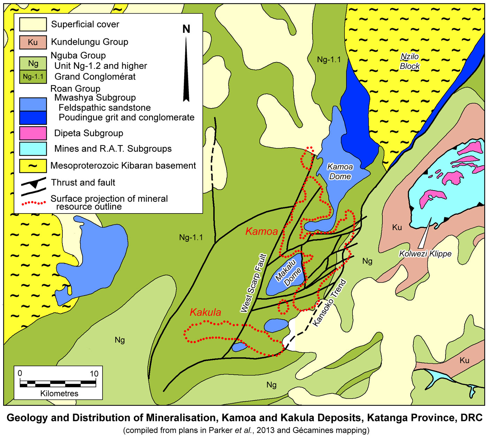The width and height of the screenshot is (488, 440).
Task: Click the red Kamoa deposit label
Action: point(261,231)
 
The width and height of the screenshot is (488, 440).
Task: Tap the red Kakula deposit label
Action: point(205,312)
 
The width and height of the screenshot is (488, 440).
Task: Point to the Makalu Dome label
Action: point(288,273)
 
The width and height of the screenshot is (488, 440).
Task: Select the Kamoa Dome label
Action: point(340,172)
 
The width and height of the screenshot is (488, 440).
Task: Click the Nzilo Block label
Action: point(410,61)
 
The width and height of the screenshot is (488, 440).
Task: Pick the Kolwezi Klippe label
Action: point(425,254)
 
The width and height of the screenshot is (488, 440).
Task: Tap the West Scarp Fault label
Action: point(253,283)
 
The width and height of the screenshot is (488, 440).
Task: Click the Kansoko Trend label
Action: point(329,303)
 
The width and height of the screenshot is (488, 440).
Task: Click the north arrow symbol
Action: point(186,70)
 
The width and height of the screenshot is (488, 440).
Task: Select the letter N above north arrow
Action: point(186,29)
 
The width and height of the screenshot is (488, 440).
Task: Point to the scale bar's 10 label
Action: point(94,374)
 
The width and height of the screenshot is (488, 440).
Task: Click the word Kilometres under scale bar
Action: point(59,394)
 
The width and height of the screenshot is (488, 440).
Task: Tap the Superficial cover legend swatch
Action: point(33,24)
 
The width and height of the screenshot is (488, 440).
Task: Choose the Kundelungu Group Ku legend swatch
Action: point(33,42)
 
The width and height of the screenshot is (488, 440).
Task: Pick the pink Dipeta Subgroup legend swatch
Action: point(33,133)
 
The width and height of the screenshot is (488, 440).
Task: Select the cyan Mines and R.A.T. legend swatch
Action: point(33,149)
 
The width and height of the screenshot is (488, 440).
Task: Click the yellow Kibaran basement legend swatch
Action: point(33,166)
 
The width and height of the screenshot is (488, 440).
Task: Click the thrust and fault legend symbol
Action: point(33,186)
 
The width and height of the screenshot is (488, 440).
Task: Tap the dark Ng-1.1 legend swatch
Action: point(33,77)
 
